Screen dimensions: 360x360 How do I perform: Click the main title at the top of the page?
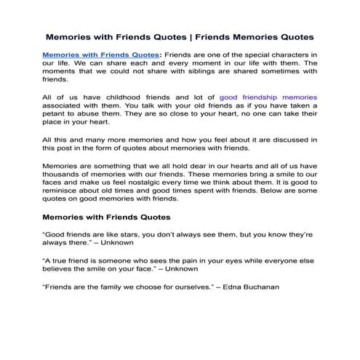pos(180,35)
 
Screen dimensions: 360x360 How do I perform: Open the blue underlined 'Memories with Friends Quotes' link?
pos(101,54)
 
